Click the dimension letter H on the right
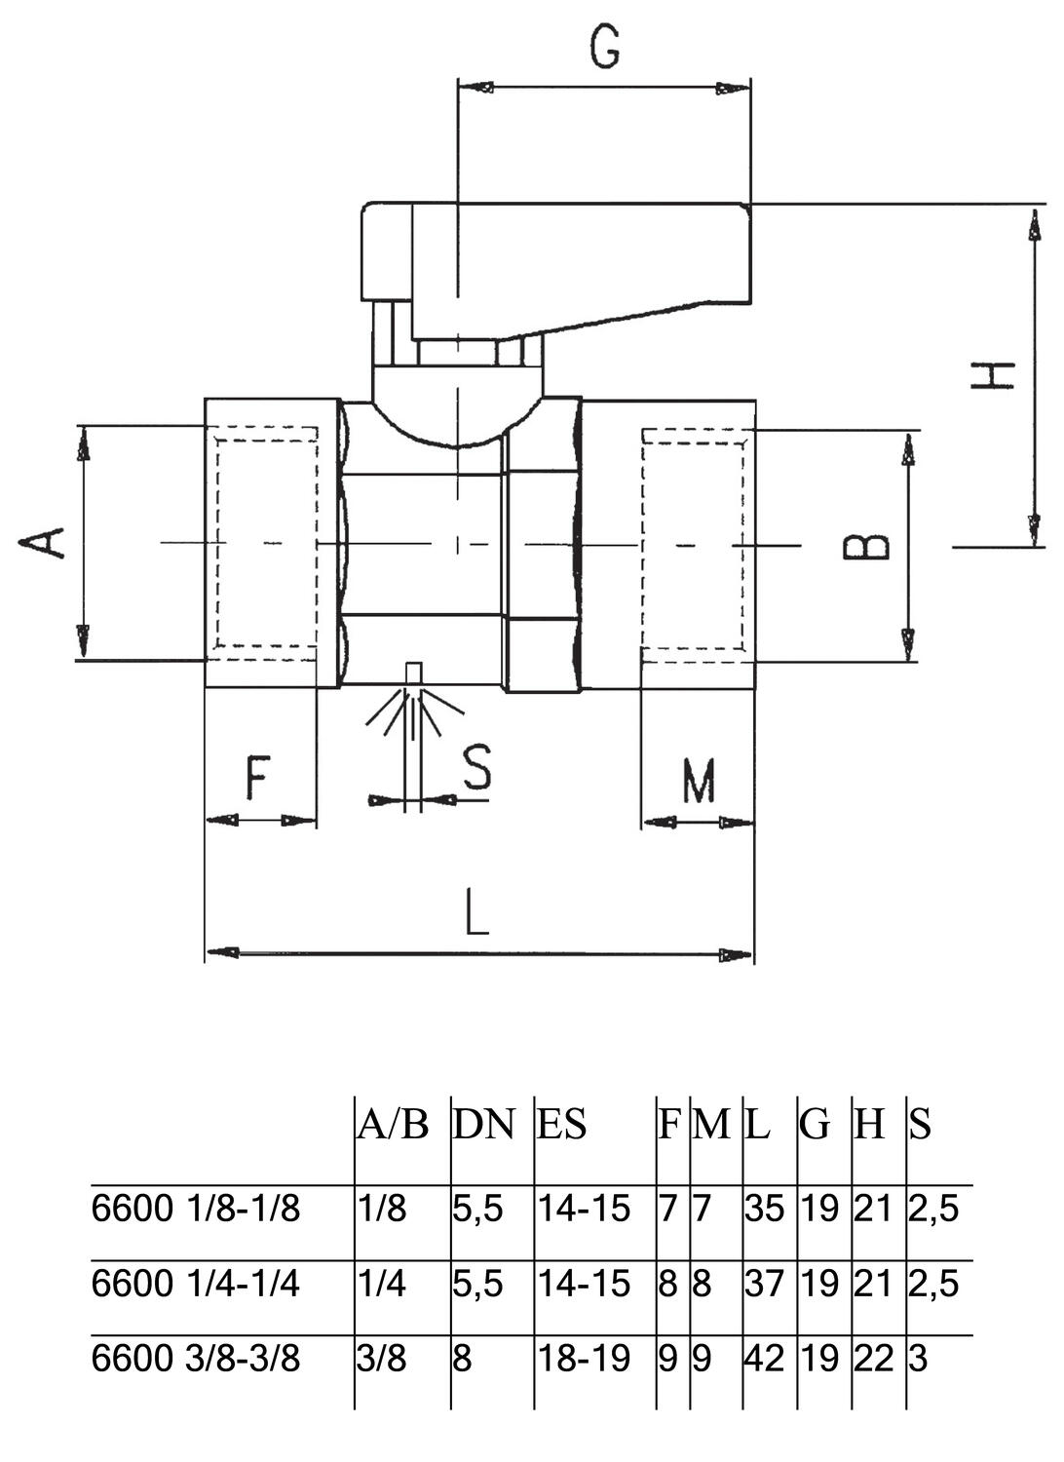pos(992,375)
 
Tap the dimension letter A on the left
pos(44,542)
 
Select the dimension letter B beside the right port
pos(866,546)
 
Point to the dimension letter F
pos(256,778)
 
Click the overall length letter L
pos(476,913)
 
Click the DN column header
pos(483,1125)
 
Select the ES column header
pos(562,1125)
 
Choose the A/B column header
pos(393,1125)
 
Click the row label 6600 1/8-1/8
pos(196,1209)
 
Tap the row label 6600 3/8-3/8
pos(196,1358)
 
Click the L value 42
pos(764,1358)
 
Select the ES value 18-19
pos(585,1358)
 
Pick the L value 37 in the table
pos(764,1284)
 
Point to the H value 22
pos(873,1358)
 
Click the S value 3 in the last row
pos(918,1358)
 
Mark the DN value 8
pos(462,1358)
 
